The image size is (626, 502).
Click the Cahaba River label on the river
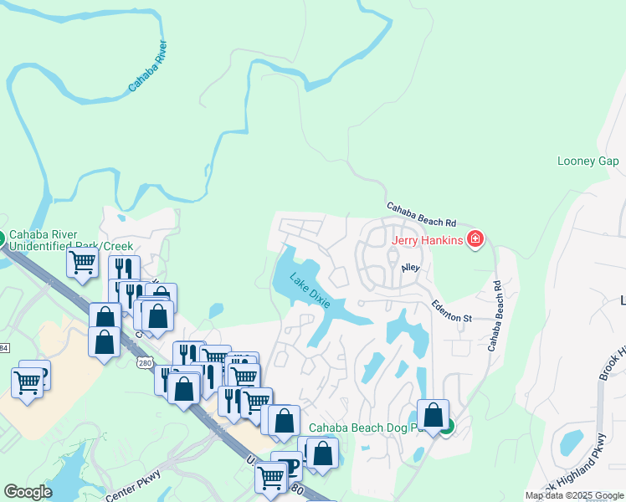(149, 66)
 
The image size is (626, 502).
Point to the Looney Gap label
(588, 161)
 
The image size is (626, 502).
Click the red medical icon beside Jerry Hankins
(475, 240)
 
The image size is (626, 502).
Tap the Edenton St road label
(453, 312)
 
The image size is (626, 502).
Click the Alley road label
(410, 268)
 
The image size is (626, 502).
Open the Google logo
(28, 492)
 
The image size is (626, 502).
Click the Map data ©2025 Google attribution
(574, 495)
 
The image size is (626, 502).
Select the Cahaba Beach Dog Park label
(362, 428)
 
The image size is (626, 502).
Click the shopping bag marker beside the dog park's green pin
(433, 415)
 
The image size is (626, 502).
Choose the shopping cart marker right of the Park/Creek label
(82, 262)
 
